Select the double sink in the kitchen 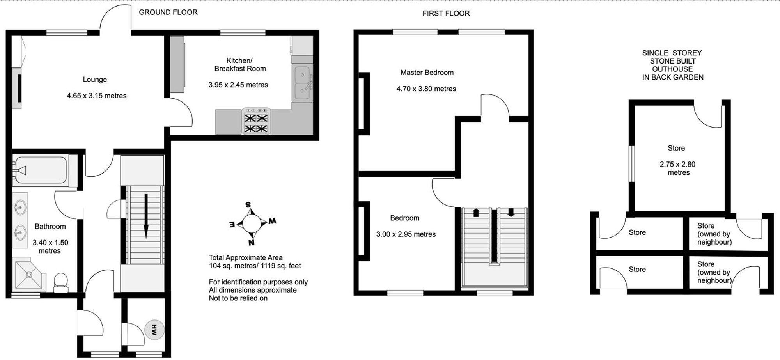pyautogui.click(x=302, y=83)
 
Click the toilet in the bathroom pyautogui.click(x=60, y=281)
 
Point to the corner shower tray pyautogui.click(x=29, y=275)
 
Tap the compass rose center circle pyautogui.click(x=252, y=223)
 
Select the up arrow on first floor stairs pyautogui.click(x=476, y=213)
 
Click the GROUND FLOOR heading pyautogui.click(x=168, y=12)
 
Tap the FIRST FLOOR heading pyautogui.click(x=446, y=13)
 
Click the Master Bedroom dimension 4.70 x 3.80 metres pyautogui.click(x=426, y=89)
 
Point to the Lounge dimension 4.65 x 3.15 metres pyautogui.click(x=96, y=96)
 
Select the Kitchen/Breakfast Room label pyautogui.click(x=240, y=65)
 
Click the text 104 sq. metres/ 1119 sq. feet pyautogui.click(x=255, y=266)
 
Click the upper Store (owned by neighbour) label pyautogui.click(x=714, y=234)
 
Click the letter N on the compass pyautogui.click(x=252, y=242)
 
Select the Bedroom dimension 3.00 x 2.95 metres pyautogui.click(x=406, y=234)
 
